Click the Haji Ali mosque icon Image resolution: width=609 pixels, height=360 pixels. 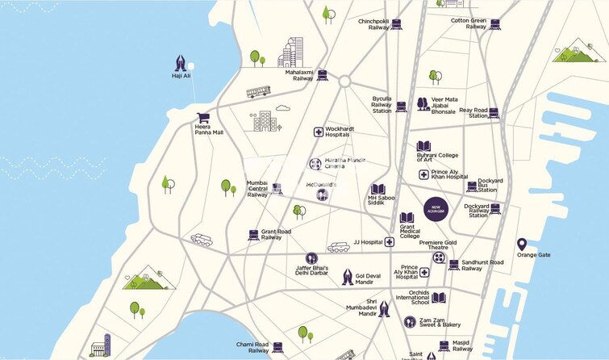pos(181,62)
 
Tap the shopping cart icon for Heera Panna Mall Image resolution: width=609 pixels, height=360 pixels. pos(203,117)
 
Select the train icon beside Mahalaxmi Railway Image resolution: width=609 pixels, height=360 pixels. pos(323,75)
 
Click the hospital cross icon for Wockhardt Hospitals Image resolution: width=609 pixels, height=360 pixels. pos(319,132)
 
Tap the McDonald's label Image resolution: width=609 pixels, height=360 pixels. pos(320,184)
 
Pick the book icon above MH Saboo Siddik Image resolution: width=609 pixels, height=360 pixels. pos(377,189)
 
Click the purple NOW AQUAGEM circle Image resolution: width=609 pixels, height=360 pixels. pos(436,207)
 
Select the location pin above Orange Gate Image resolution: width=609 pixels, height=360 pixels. pos(522,244)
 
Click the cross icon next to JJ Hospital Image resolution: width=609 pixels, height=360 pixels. pos(389,241)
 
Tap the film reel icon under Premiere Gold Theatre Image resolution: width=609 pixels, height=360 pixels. pos(439,257)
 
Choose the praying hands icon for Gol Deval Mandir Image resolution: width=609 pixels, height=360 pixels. pos(348,277)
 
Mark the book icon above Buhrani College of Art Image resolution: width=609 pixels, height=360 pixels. pos(423,146)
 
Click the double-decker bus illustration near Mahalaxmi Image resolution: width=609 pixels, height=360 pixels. pos(258,92)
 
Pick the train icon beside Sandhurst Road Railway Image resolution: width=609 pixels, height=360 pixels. pos(454,265)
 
